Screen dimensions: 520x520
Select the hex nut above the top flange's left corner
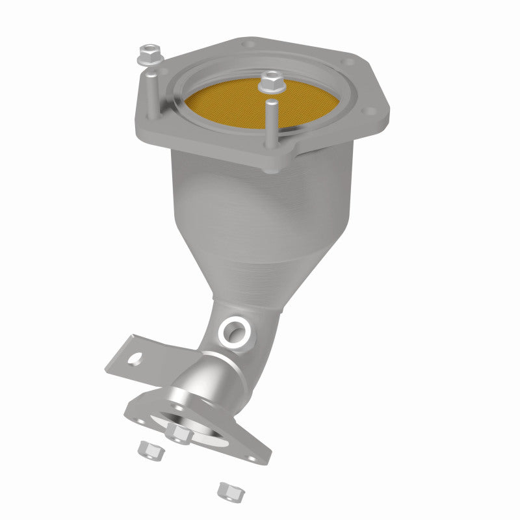[149, 53]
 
